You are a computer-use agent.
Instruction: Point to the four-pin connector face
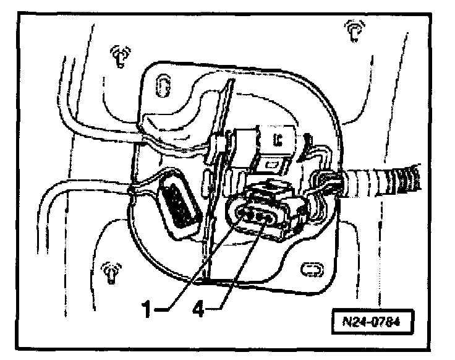(255, 216)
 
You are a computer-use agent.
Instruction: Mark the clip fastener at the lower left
(110, 272)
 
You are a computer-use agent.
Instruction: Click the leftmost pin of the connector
(242, 216)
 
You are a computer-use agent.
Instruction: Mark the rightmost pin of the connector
(270, 218)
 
